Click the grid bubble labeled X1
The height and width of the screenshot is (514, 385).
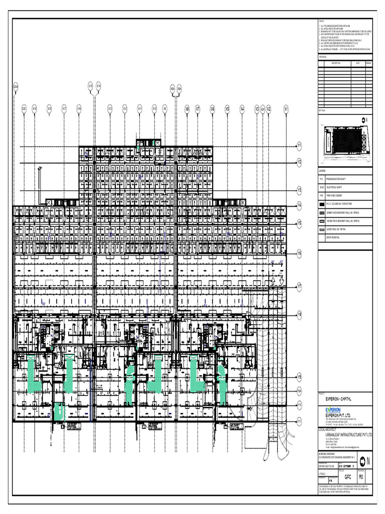286,108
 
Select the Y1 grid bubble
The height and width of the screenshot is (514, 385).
299,147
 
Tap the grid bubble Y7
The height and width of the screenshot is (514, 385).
299,288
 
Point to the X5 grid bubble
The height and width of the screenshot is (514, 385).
227,108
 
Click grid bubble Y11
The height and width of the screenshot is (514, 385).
299,420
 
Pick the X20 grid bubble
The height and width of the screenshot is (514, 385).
24,108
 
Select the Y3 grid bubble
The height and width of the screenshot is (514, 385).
299,190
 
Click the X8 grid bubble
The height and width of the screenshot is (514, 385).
187,108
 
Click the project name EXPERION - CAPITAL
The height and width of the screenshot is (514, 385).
339,399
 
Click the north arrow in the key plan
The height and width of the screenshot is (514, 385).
364,119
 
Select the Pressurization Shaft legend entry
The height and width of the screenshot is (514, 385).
340,179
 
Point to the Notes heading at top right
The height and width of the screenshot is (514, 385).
322,21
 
